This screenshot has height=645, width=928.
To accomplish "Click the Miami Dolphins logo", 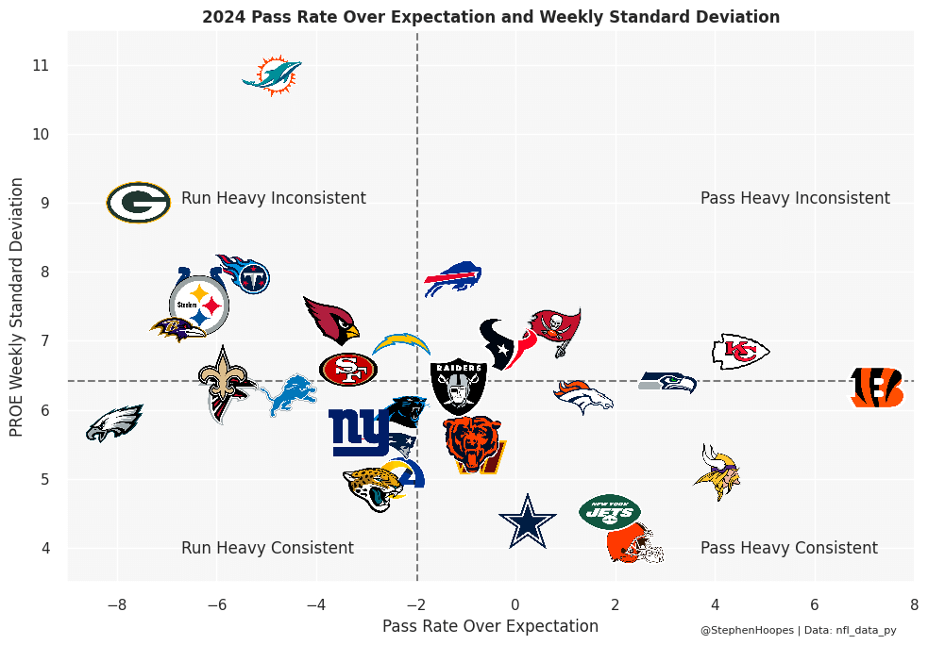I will click(272, 75).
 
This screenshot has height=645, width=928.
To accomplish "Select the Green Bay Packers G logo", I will click(138, 203).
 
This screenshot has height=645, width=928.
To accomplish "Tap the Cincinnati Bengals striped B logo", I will click(877, 388).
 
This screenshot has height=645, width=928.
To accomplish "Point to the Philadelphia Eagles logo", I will click(113, 423).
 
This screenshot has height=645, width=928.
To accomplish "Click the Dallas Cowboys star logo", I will click(527, 521).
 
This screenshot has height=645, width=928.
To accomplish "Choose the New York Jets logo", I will click(609, 511).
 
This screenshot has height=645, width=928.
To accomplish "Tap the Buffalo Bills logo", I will click(452, 278).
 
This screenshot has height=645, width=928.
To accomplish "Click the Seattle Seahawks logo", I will click(667, 382).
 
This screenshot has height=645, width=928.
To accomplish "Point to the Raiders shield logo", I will click(458, 386).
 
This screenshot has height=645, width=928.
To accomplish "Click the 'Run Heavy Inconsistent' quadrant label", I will click(273, 198).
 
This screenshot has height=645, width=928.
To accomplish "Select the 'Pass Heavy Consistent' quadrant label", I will click(788, 548).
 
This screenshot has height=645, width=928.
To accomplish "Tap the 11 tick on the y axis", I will click(41, 66).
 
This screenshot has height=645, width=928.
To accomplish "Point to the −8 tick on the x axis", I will click(116, 604).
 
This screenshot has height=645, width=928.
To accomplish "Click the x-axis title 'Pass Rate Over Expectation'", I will click(490, 626).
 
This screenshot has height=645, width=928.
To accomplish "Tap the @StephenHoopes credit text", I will click(747, 630).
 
